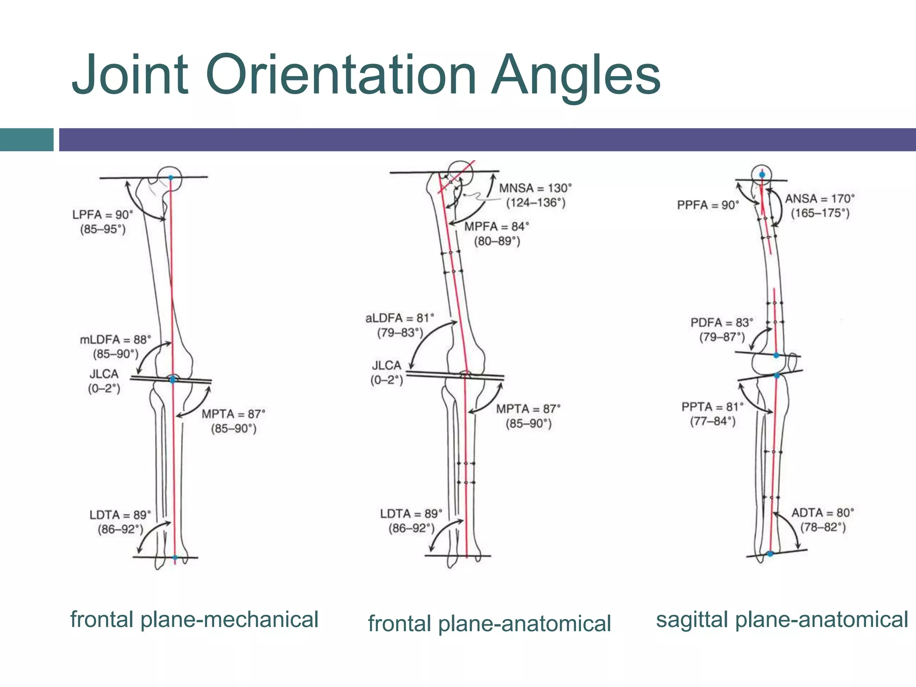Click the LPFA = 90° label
click(x=103, y=215)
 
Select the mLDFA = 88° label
click(x=115, y=339)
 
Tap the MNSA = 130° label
click(x=535, y=188)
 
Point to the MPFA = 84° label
click(x=496, y=227)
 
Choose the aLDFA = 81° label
click(x=399, y=318)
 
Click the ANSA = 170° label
click(x=820, y=199)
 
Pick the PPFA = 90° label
click(x=708, y=205)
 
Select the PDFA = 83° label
click(x=721, y=322)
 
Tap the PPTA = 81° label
click(x=712, y=407)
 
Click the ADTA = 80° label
click(x=823, y=513)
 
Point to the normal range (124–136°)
click(x=535, y=203)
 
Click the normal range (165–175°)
click(x=820, y=213)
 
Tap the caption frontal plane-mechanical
click(x=194, y=619)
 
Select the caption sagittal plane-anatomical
click(x=782, y=619)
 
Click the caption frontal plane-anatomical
click(x=489, y=623)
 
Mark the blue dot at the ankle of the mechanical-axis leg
click(x=175, y=557)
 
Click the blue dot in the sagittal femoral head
click(x=762, y=174)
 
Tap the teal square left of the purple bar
click(x=26, y=140)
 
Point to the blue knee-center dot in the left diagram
click(x=173, y=379)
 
